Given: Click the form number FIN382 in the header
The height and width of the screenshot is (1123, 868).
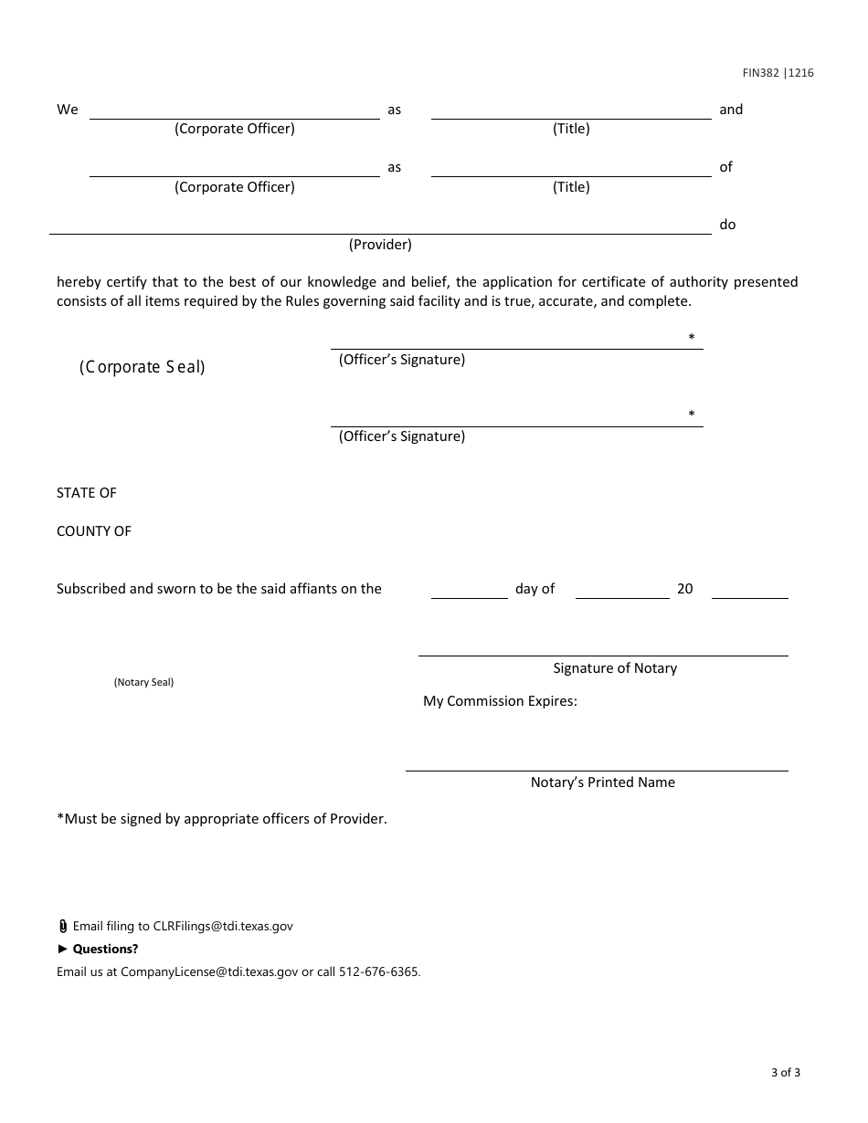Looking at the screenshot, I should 759,73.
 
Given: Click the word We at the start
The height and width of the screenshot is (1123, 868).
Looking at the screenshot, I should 68,110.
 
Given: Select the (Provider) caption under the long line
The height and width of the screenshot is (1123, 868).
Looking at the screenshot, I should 380,245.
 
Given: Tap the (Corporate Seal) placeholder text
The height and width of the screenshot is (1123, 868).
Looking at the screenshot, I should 142,367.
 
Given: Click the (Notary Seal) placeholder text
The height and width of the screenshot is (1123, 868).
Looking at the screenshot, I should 143,682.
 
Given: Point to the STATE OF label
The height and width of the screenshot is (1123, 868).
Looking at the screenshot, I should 87,493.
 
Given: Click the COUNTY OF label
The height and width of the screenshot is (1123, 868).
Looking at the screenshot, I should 94,531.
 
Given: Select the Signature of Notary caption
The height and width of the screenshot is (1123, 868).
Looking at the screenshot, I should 615,668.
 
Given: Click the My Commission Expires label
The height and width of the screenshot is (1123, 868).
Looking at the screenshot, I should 500,701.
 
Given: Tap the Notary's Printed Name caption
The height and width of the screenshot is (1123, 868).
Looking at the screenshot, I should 603,782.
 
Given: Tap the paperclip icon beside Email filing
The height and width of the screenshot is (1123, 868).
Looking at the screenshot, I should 62,926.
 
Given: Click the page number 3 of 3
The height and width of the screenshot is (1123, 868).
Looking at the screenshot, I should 785,1073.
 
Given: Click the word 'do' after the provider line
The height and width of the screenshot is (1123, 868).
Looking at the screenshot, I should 727,225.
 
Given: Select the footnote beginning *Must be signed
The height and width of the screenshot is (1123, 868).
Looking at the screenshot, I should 222,819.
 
